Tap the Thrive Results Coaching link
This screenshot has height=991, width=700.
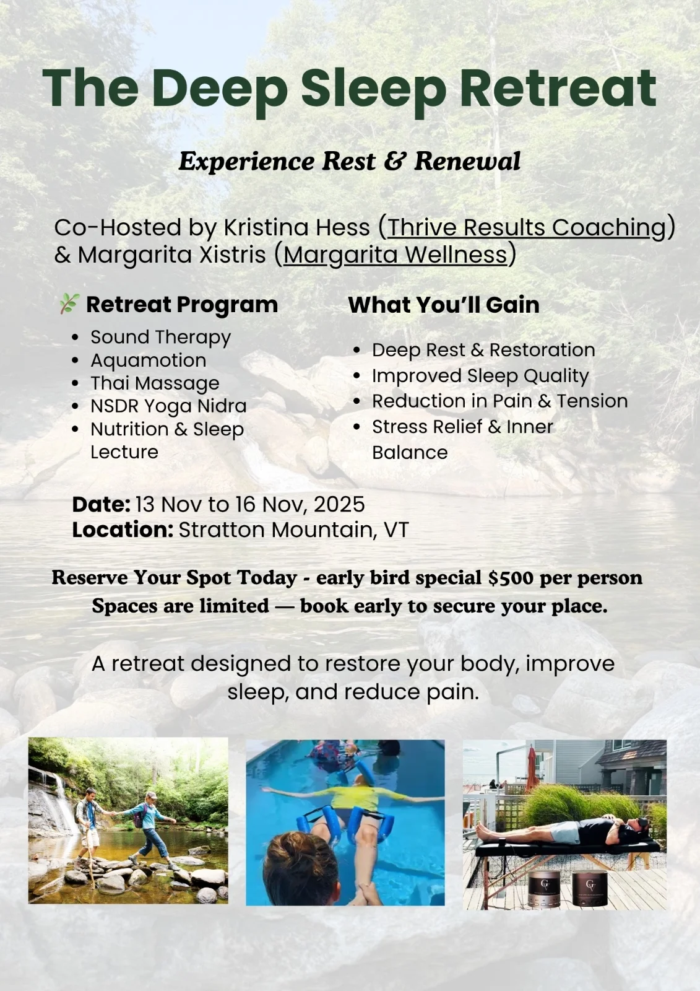click(x=526, y=227)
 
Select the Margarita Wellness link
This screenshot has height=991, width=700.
click(x=395, y=255)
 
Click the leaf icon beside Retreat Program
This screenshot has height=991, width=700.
click(x=69, y=303)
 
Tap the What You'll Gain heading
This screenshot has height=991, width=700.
click(x=444, y=305)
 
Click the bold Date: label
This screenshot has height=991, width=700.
click(x=102, y=504)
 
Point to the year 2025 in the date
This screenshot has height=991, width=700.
click(x=339, y=504)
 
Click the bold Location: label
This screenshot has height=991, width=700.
click(x=123, y=530)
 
